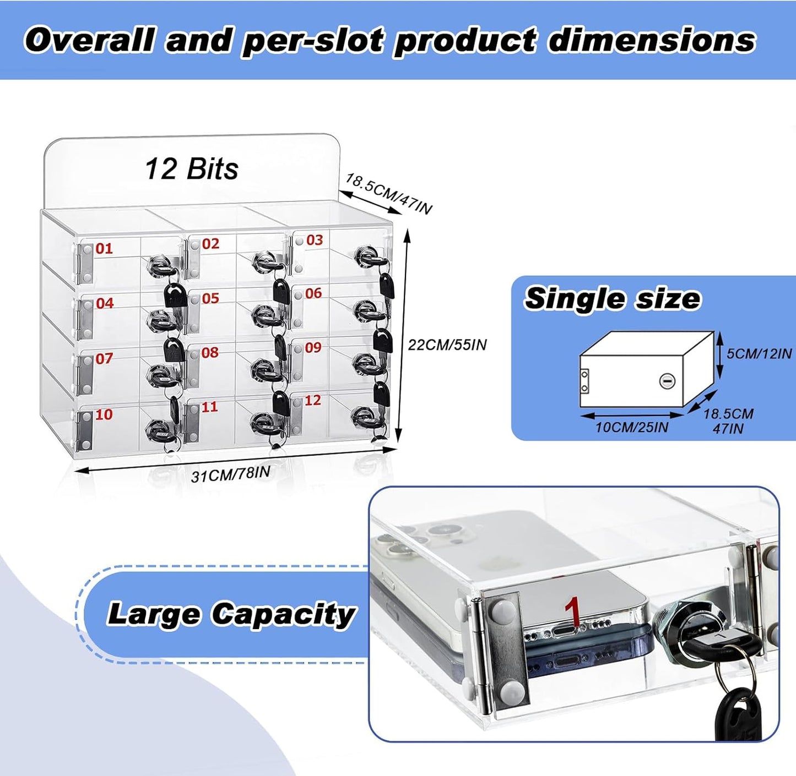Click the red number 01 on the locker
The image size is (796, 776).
(x=104, y=248)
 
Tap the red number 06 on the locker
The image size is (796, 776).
(x=313, y=293)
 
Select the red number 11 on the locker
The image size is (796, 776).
(x=210, y=407)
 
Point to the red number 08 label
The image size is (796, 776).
(x=210, y=352)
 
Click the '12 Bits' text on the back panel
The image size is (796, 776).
(x=192, y=169)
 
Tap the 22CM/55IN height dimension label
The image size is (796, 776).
(x=447, y=345)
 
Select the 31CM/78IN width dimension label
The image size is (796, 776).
(x=231, y=474)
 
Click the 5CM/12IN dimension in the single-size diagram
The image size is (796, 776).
(x=759, y=353)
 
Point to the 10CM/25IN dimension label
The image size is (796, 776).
(x=631, y=428)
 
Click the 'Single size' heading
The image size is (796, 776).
(x=613, y=299)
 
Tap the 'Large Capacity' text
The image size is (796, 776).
(x=231, y=614)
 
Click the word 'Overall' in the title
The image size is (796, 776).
(x=90, y=40)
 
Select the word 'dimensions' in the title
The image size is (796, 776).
(x=651, y=40)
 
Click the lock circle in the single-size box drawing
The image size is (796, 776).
(x=665, y=381)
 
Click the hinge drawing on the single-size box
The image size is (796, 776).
(x=585, y=381)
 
